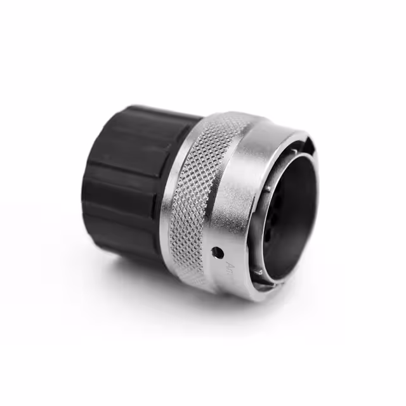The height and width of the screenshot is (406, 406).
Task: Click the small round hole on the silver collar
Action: click(x=218, y=252)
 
